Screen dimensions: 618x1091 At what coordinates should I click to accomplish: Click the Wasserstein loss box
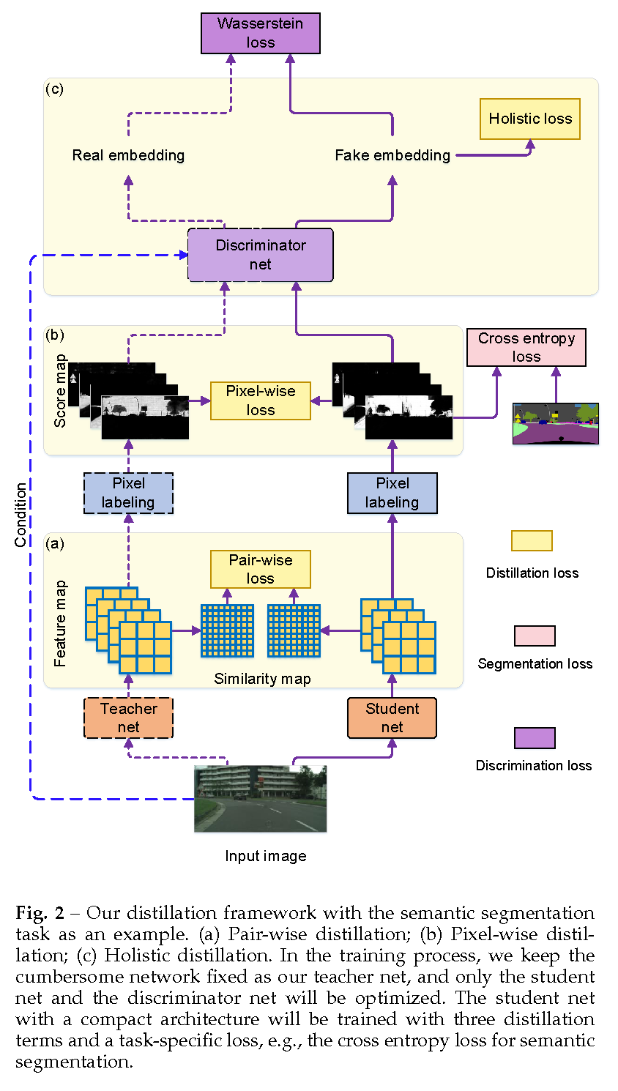point(261,33)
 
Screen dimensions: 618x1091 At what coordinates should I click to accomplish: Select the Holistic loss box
point(530,119)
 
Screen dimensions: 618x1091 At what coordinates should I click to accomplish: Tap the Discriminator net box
point(261,255)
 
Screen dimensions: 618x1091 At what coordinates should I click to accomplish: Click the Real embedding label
point(129,155)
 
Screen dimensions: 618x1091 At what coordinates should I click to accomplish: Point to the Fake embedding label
point(392,155)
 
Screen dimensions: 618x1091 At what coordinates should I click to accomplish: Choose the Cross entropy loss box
point(526,347)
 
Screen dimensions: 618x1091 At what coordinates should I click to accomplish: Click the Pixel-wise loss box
point(261,401)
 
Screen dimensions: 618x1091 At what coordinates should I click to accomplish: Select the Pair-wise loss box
point(261,569)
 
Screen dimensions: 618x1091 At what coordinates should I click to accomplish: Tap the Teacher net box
point(129,718)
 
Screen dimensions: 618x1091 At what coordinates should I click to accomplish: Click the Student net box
point(392,718)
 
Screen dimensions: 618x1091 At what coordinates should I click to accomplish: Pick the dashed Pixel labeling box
point(129,493)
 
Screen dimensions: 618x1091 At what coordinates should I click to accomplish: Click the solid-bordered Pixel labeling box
point(392,493)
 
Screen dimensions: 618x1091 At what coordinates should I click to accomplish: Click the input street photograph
point(261,798)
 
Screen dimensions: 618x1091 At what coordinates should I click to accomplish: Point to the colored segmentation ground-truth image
point(556,423)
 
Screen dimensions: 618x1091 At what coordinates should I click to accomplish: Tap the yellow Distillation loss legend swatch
point(532,540)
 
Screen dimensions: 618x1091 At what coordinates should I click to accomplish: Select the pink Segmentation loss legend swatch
point(535,636)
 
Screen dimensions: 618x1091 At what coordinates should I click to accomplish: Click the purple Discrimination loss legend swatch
point(535,738)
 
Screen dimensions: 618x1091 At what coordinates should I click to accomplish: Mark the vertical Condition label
point(21,515)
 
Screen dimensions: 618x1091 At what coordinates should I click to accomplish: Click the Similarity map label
point(262,679)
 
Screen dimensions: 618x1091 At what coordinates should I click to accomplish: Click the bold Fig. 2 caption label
point(40,913)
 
